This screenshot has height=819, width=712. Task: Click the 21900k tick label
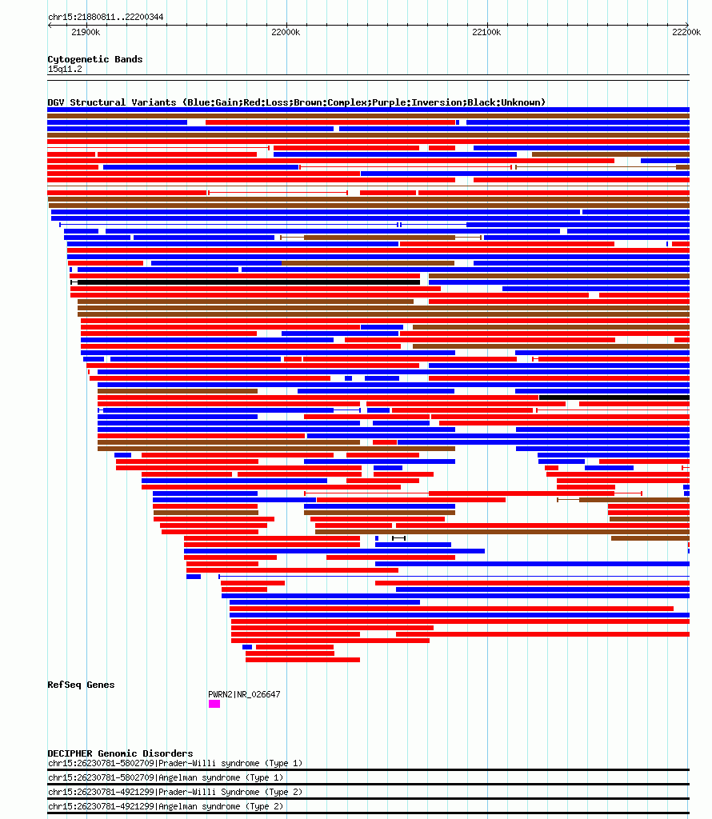[86, 32]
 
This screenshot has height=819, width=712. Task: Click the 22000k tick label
[286, 32]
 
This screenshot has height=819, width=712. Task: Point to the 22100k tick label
[486, 32]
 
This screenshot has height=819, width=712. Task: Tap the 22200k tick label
[686, 32]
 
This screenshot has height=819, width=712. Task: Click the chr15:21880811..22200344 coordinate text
[106, 18]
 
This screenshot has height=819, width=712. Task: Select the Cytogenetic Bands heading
[95, 59]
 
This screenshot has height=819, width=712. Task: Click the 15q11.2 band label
[65, 69]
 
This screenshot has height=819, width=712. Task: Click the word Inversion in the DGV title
[437, 102]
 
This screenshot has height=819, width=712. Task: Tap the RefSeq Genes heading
[81, 685]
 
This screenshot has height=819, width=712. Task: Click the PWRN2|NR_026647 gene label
[244, 695]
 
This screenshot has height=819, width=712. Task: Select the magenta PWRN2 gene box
[214, 704]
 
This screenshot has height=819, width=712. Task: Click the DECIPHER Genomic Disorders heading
[120, 753]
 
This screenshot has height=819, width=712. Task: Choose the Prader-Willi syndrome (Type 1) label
[230, 764]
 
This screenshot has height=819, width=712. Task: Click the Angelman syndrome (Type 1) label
[221, 777]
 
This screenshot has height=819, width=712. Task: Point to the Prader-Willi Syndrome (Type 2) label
[230, 793]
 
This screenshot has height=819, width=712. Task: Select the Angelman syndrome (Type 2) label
[221, 806]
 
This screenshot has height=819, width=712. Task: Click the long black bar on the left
[246, 282]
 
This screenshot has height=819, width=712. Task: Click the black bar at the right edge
[614, 398]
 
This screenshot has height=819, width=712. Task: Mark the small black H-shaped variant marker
[398, 538]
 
